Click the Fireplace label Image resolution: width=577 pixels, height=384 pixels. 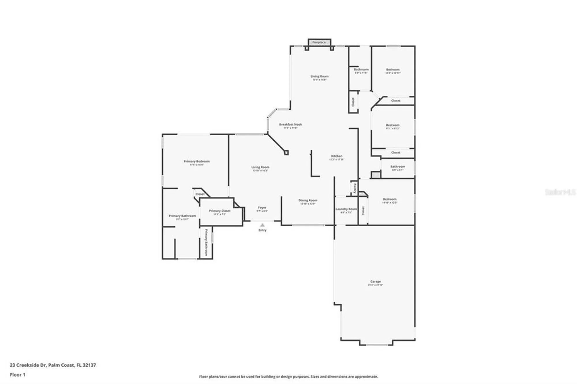(x=319, y=42)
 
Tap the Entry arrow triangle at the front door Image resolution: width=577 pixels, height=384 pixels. (x=262, y=225)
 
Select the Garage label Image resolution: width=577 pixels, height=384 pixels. (x=375, y=281)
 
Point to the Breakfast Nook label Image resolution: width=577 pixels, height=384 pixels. (x=290, y=125)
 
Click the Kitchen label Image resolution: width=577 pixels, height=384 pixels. (x=337, y=156)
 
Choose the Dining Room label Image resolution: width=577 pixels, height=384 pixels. (x=308, y=200)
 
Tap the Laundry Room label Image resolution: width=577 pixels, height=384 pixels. (x=346, y=209)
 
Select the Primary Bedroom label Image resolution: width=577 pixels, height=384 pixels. (x=196, y=161)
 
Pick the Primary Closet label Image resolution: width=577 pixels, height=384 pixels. (x=220, y=211)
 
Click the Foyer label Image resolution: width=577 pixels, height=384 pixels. (x=262, y=208)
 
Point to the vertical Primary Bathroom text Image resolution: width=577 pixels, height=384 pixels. (x=206, y=242)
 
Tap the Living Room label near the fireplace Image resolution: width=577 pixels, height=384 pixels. (x=319, y=76)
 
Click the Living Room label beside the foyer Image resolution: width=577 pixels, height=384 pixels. (x=260, y=167)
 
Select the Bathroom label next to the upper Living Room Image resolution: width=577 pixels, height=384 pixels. (x=361, y=69)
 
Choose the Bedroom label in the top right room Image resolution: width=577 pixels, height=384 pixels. (x=393, y=69)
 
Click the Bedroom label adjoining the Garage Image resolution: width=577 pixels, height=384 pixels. (x=389, y=199)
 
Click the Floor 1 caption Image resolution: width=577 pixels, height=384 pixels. (x=18, y=375)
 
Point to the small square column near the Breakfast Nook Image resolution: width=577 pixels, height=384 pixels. (x=286, y=153)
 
